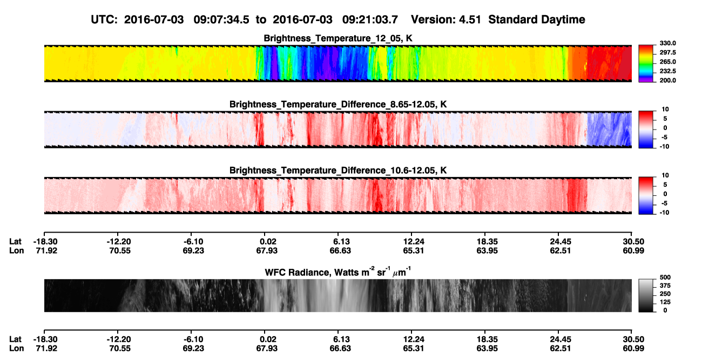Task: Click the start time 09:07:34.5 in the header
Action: [x=221, y=20]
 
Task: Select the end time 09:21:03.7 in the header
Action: [x=370, y=20]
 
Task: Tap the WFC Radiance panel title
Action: [x=338, y=272]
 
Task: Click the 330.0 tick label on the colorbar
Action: [x=667, y=43]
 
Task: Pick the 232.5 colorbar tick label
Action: [x=667, y=71]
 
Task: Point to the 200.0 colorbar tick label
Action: [x=667, y=80]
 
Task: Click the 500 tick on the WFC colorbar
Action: [x=665, y=277]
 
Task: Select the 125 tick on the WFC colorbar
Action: [x=665, y=302]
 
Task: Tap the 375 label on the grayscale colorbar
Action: [x=665, y=286]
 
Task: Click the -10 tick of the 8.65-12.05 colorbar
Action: [x=664, y=147]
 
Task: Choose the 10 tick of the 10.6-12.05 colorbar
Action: [x=665, y=175]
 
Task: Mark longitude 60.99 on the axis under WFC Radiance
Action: [x=633, y=349]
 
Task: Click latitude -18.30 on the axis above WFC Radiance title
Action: [x=45, y=242]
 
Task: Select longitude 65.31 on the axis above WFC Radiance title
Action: [x=413, y=250]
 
